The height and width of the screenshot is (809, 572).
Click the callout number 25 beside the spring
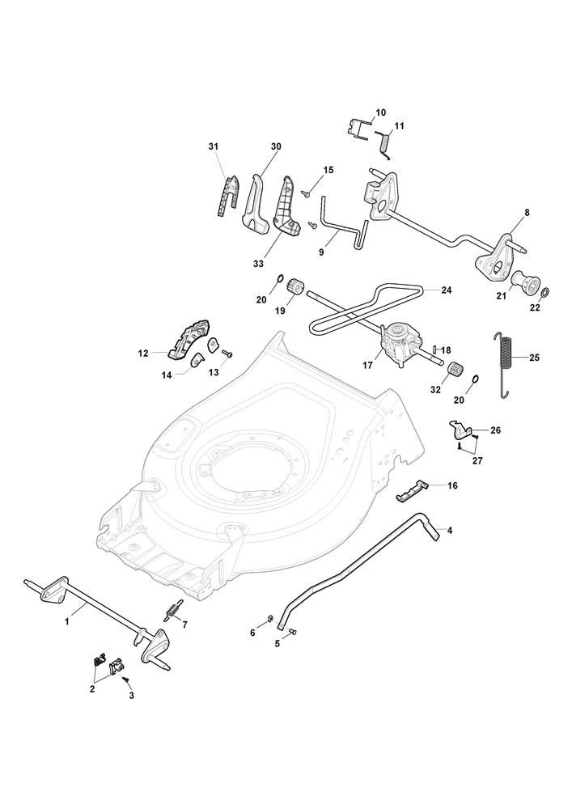[x=534, y=357]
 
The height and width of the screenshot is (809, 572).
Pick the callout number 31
[x=213, y=146]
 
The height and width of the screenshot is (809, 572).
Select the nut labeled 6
[x=269, y=619]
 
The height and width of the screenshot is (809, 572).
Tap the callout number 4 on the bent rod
[x=450, y=530]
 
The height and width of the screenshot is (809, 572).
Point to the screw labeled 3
[x=125, y=680]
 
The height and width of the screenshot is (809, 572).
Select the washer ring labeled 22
[x=545, y=293]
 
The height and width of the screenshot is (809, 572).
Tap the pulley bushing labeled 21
[x=524, y=282]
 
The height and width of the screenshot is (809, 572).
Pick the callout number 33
[x=258, y=264]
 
